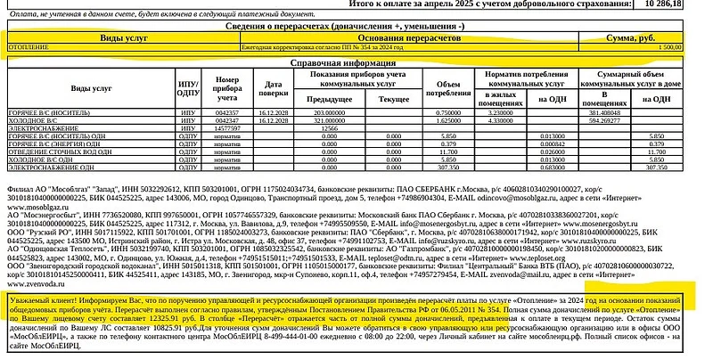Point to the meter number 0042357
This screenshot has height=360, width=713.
[227, 113]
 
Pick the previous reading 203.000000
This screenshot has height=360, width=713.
[329, 113]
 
